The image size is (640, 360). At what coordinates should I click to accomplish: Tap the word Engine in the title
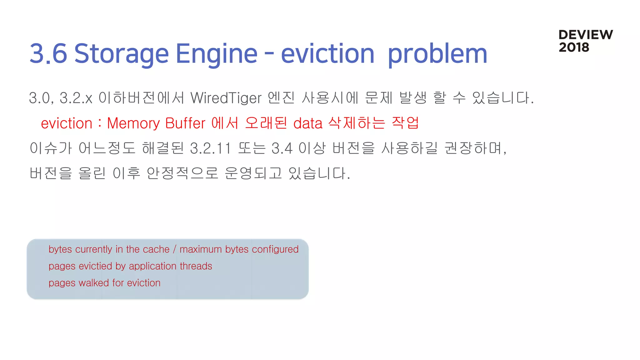click(216, 54)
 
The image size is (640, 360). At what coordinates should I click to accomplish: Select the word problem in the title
click(437, 54)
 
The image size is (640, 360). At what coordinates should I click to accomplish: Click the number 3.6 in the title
click(48, 54)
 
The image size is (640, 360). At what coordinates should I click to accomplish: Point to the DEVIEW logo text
click(585, 35)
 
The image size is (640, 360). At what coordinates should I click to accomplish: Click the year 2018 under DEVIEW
click(574, 47)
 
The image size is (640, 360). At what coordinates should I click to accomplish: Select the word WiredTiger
click(226, 98)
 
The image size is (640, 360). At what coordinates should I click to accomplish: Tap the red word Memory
click(133, 123)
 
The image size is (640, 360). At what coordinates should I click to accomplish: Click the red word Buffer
click(185, 123)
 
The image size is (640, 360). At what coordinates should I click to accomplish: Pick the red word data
click(307, 123)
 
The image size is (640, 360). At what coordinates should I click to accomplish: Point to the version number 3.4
click(282, 148)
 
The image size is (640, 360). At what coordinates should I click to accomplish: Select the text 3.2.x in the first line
click(76, 98)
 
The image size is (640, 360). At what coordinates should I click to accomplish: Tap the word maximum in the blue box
click(201, 249)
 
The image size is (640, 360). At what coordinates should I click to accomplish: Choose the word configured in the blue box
click(275, 249)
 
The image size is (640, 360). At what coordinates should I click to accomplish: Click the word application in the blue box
click(152, 266)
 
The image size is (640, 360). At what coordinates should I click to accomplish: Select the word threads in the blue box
click(196, 266)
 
